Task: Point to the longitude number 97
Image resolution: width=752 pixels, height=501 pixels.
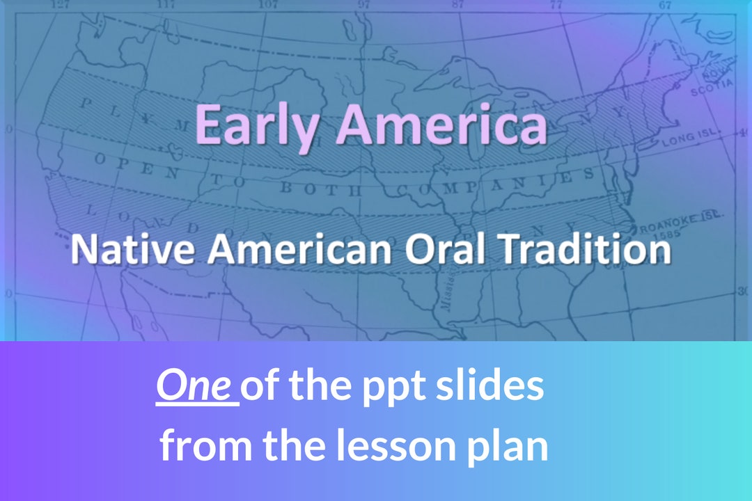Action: click(x=363, y=4)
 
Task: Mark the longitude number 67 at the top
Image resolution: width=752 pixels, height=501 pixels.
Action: click(x=664, y=4)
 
